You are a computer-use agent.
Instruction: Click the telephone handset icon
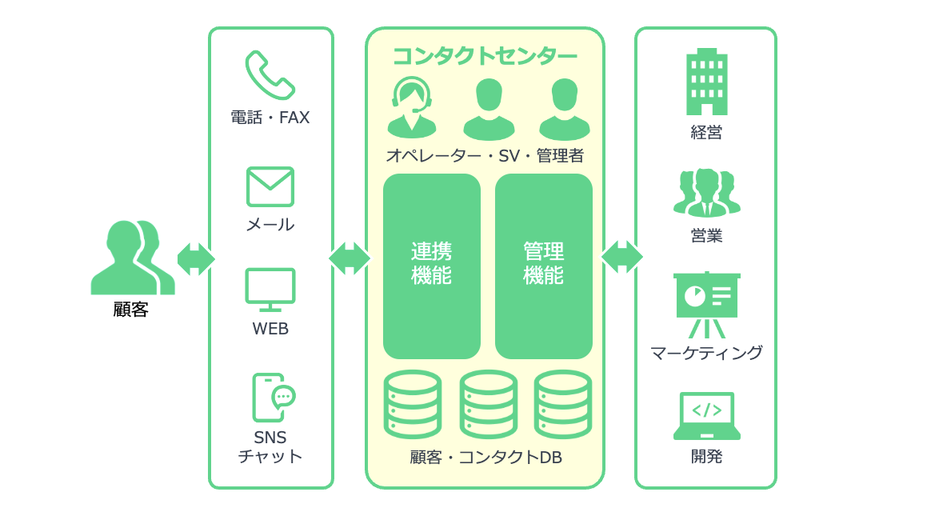(270, 75)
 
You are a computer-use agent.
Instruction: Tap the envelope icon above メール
(270, 187)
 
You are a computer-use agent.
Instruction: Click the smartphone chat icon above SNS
(273, 397)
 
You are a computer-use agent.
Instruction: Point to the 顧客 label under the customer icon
(131, 310)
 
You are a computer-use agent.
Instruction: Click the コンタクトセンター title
(485, 56)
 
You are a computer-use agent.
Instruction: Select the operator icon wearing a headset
(412, 107)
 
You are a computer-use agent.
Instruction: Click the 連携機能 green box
(432, 266)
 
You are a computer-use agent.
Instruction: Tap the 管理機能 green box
(544, 266)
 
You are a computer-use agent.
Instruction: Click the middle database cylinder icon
(488, 404)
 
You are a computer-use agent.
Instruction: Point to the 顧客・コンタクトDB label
(485, 458)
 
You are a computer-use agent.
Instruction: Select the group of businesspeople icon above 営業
(706, 193)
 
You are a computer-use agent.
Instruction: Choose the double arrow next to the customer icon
(196, 259)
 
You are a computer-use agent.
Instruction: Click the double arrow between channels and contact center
(350, 258)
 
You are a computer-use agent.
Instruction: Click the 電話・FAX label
(270, 118)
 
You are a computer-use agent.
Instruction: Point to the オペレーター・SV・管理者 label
(485, 156)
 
